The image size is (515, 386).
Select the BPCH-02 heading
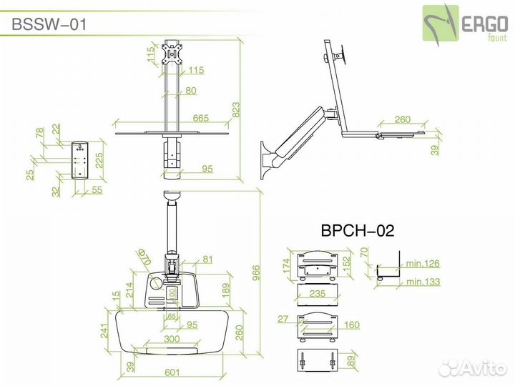pos(357,231)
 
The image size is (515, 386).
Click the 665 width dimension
pos(202,119)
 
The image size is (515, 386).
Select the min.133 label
pos(422,282)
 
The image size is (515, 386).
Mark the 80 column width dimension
pos(190,91)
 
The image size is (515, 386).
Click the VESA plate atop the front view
pos(172,54)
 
